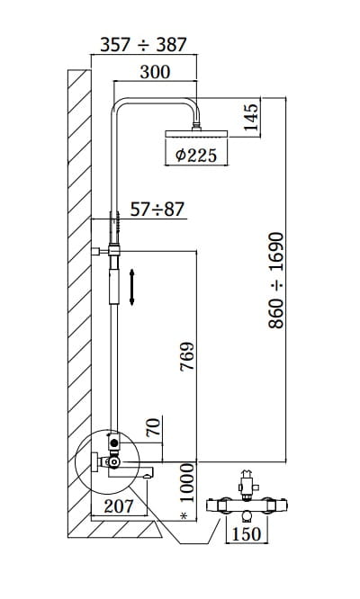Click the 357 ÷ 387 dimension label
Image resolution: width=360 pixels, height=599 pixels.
(x=143, y=45)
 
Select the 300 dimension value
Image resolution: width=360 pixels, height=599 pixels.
(x=155, y=72)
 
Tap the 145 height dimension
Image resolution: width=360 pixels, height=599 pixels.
(x=251, y=117)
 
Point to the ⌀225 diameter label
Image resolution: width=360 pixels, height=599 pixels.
(x=196, y=155)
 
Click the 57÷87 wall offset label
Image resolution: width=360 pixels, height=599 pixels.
(x=157, y=210)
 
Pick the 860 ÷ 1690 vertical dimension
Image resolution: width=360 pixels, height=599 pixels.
(x=276, y=281)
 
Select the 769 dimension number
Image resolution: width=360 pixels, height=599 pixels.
(x=187, y=357)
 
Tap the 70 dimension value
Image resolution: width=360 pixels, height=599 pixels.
(x=153, y=427)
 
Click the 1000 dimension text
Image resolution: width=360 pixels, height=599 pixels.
(x=187, y=483)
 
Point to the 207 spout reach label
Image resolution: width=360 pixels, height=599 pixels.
(x=119, y=506)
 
